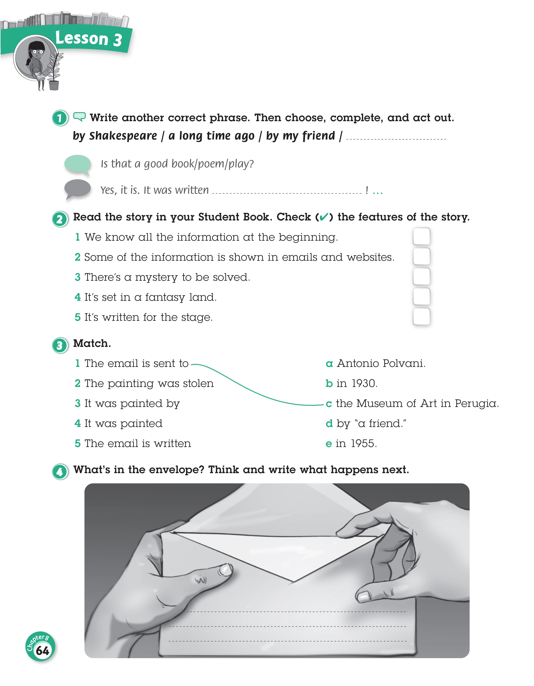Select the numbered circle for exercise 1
coord(60,118)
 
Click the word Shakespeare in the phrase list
coord(123,136)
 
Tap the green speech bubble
coord(78,164)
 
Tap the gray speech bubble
coord(77,188)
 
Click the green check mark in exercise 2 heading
coord(324,217)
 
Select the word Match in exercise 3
coord(92,343)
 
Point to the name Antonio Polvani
coord(381,363)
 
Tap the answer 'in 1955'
coord(356,443)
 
